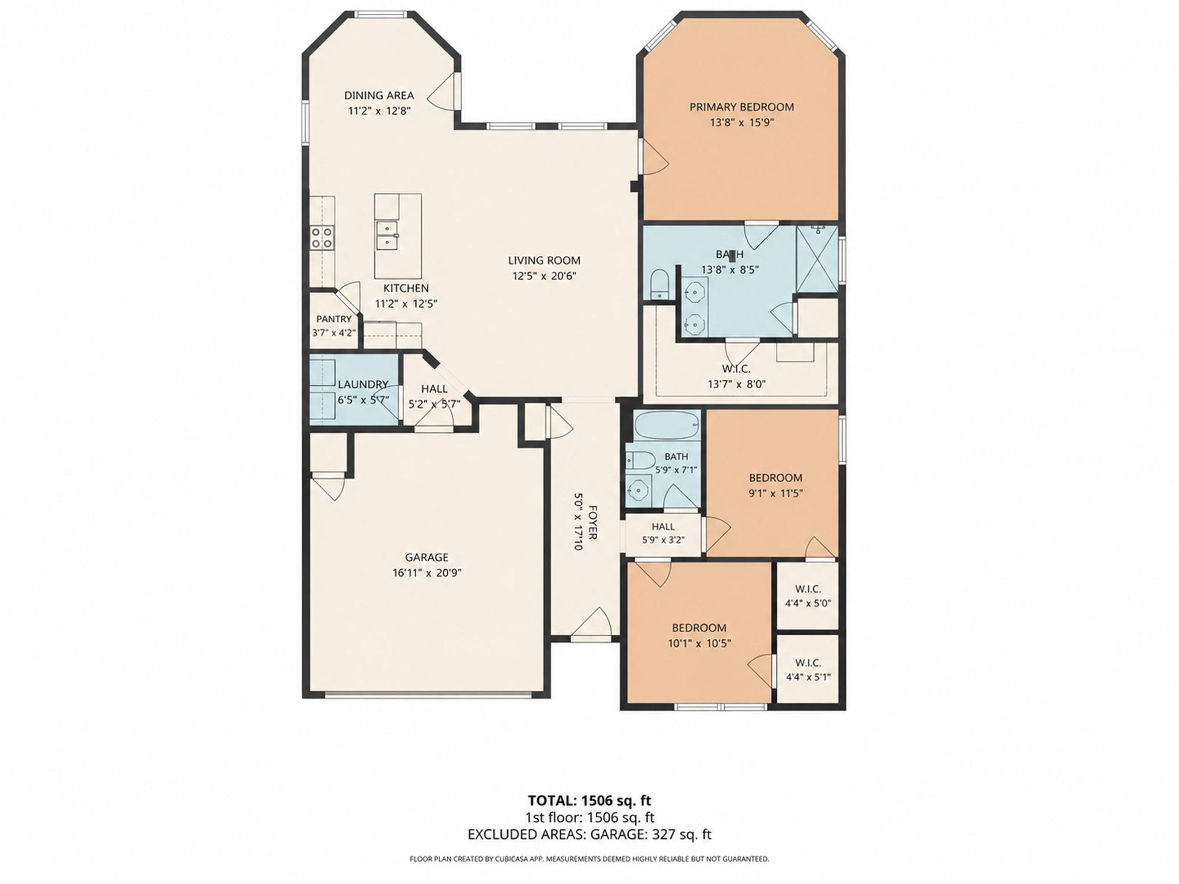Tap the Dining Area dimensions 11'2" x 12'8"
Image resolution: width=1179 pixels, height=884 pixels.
[x=379, y=111]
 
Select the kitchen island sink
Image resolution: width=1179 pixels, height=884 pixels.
[x=387, y=235]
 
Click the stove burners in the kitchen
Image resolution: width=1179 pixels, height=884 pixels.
[x=322, y=238]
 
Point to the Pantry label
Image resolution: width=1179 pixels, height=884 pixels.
[x=334, y=319]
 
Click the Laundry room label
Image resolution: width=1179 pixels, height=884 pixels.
[x=363, y=384]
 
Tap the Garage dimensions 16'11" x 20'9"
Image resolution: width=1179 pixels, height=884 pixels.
[x=426, y=573]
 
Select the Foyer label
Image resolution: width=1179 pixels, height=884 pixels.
[x=592, y=522]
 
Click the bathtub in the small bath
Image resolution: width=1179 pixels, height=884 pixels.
[x=667, y=425]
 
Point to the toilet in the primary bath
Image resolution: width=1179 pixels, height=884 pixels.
[x=658, y=285]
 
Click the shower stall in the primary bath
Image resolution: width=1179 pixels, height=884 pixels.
[x=816, y=258]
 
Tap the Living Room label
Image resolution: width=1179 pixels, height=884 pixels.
[x=544, y=260]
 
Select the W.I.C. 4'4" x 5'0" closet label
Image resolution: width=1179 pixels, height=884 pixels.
[x=808, y=596]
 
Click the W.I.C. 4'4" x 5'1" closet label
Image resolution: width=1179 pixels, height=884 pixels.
[x=808, y=670]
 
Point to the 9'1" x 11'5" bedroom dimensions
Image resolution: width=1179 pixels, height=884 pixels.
[x=775, y=493]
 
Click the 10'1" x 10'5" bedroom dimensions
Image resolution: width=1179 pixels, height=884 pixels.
[x=699, y=643]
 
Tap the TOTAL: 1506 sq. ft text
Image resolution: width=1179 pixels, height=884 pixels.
[x=589, y=801]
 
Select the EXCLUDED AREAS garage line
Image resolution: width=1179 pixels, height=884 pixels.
[x=589, y=835]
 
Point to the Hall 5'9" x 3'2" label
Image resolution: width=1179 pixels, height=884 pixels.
[x=663, y=533]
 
